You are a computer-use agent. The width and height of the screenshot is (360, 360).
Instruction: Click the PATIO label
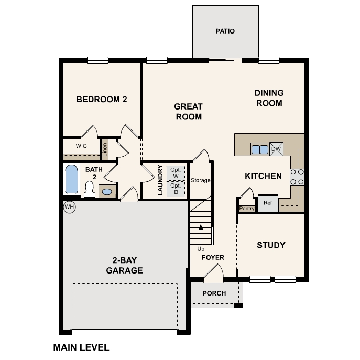point(225,31)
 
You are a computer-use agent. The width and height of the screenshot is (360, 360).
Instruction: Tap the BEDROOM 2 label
point(102,99)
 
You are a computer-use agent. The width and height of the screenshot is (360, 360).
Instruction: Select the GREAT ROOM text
point(188,112)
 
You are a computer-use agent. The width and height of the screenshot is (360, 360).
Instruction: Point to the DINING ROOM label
point(269,98)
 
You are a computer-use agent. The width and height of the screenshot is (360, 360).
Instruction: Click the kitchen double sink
point(259,149)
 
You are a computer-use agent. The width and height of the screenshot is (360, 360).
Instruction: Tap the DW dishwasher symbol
point(276,149)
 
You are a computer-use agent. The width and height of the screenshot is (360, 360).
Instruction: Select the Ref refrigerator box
point(268,203)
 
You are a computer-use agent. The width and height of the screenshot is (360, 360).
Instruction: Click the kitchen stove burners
point(297,177)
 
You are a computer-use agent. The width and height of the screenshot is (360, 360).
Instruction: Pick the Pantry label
point(247,209)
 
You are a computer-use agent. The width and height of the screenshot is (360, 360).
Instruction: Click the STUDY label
point(271,245)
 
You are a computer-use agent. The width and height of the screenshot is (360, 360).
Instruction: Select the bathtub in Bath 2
point(71,180)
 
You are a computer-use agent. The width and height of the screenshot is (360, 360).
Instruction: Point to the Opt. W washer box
point(175,172)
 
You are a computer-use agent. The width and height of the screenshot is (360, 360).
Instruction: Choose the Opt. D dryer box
point(175,189)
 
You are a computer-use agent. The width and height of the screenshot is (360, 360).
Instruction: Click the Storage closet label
point(200,180)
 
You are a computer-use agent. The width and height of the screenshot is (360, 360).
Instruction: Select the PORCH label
point(214,293)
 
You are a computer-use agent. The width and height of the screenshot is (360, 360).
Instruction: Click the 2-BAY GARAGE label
point(124,266)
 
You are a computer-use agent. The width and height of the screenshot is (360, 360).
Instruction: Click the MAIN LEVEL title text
point(81,347)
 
